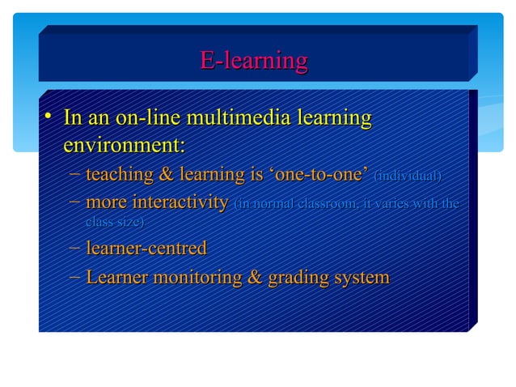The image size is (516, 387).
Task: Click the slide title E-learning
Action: (253, 61)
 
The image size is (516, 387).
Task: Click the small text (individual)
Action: (408, 176)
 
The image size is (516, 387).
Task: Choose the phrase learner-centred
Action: (146, 248)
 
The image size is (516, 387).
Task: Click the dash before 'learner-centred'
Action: (74, 248)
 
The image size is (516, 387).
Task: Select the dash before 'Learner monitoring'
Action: (74, 278)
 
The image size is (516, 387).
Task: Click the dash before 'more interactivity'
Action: (74, 202)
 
